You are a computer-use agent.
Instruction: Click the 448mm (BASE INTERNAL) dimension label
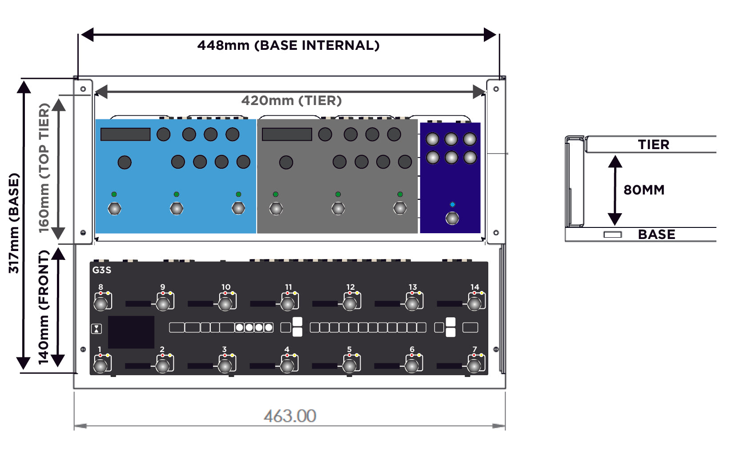(288, 45)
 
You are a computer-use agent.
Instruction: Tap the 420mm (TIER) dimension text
(291, 101)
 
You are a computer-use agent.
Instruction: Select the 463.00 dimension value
(290, 416)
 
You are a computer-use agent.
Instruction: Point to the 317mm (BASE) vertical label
(14, 223)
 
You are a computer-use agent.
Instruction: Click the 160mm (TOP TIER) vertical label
(44, 168)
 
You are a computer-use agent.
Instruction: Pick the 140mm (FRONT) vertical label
(43, 307)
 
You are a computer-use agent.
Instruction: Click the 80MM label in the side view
(644, 190)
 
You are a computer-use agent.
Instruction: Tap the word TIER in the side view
(654, 145)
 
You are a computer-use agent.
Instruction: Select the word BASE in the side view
(656, 235)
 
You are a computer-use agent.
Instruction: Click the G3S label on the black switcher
(102, 270)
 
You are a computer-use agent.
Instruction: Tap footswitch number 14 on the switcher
(475, 304)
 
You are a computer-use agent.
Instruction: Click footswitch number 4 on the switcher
(288, 366)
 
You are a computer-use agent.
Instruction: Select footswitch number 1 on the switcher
(101, 366)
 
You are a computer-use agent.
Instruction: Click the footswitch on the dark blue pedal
(452, 218)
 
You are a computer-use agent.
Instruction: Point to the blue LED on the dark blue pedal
(452, 205)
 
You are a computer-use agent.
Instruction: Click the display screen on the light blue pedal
(125, 134)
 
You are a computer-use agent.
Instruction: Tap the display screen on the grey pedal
(287, 134)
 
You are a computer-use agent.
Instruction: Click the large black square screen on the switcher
(131, 332)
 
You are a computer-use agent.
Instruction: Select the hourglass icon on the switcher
(97, 329)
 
